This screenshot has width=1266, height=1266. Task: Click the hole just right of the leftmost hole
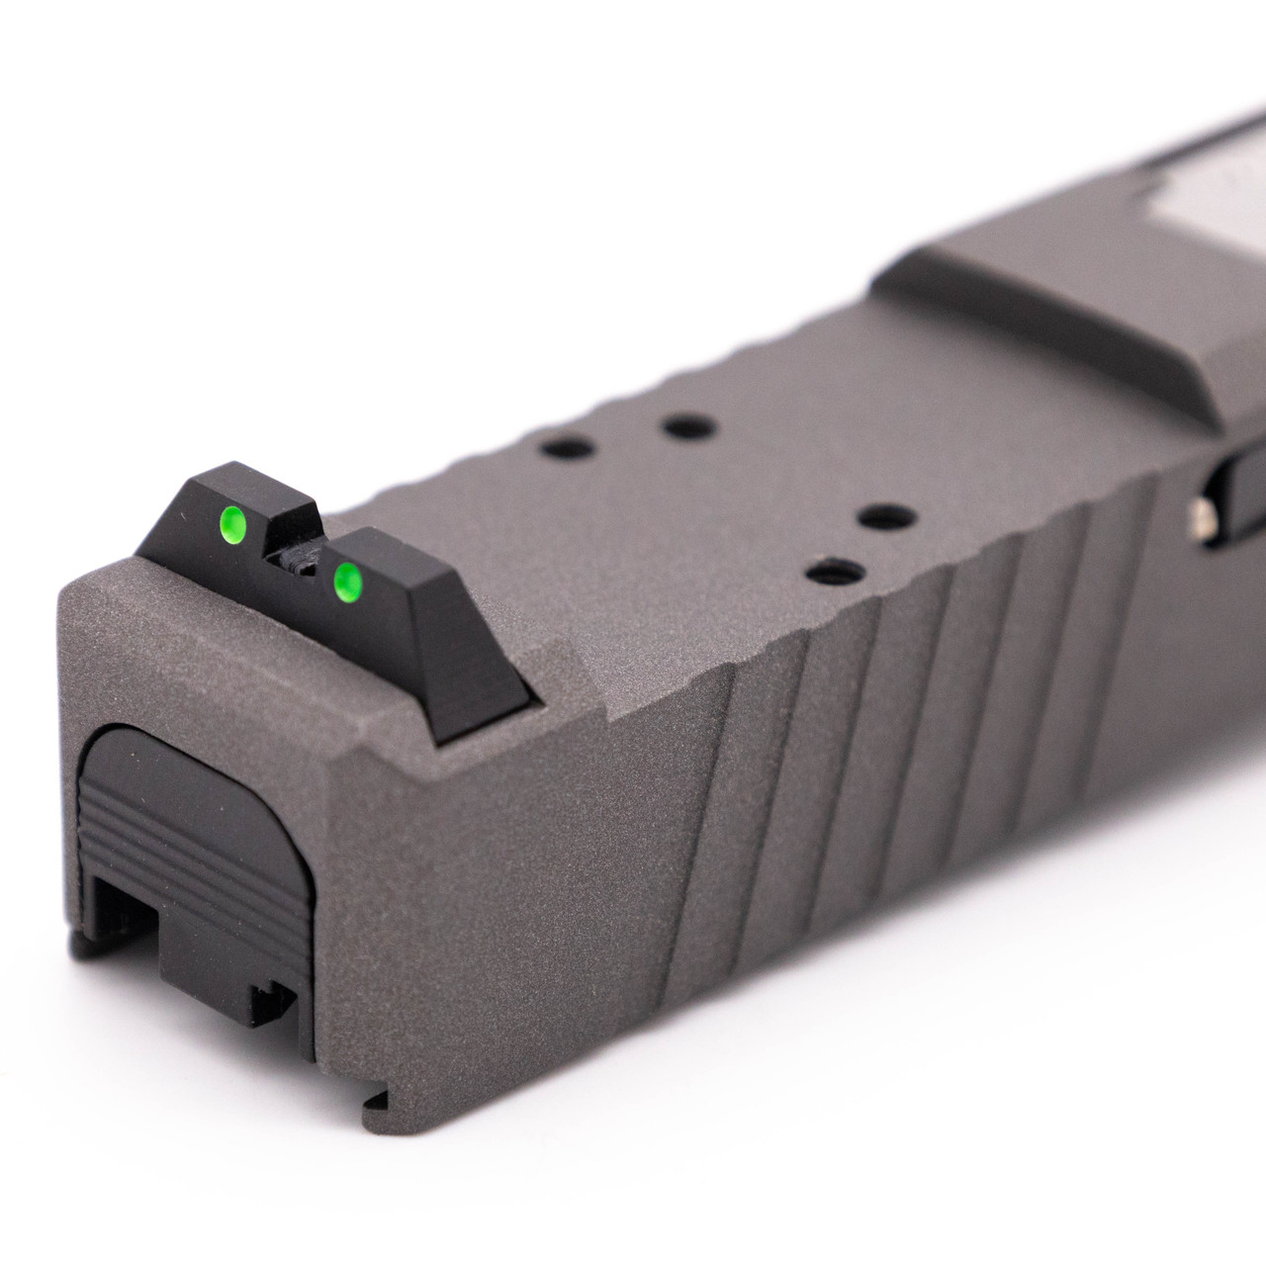tap(688, 427)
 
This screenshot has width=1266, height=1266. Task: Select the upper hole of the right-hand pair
tap(885, 516)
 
